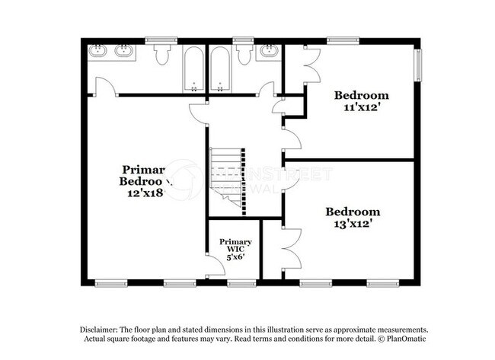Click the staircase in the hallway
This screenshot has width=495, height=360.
pyautogui.click(x=227, y=174)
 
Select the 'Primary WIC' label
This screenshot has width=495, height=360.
pyautogui.click(x=236, y=246)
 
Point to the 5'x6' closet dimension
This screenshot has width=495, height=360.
pyautogui.click(x=236, y=256)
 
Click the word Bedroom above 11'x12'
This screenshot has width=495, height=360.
pyautogui.click(x=362, y=96)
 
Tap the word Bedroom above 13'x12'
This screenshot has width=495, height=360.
pyautogui.click(x=352, y=212)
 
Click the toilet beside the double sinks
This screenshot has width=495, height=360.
pyautogui.click(x=161, y=55)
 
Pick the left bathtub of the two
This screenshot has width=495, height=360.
pyautogui.click(x=193, y=69)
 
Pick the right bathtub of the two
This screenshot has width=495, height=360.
pyautogui.click(x=220, y=69)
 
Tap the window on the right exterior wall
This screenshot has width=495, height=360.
pyautogui.click(x=417, y=64)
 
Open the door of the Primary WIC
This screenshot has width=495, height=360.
pyautogui.click(x=216, y=266)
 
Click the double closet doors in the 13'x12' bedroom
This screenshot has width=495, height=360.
pyautogui.click(x=289, y=248)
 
